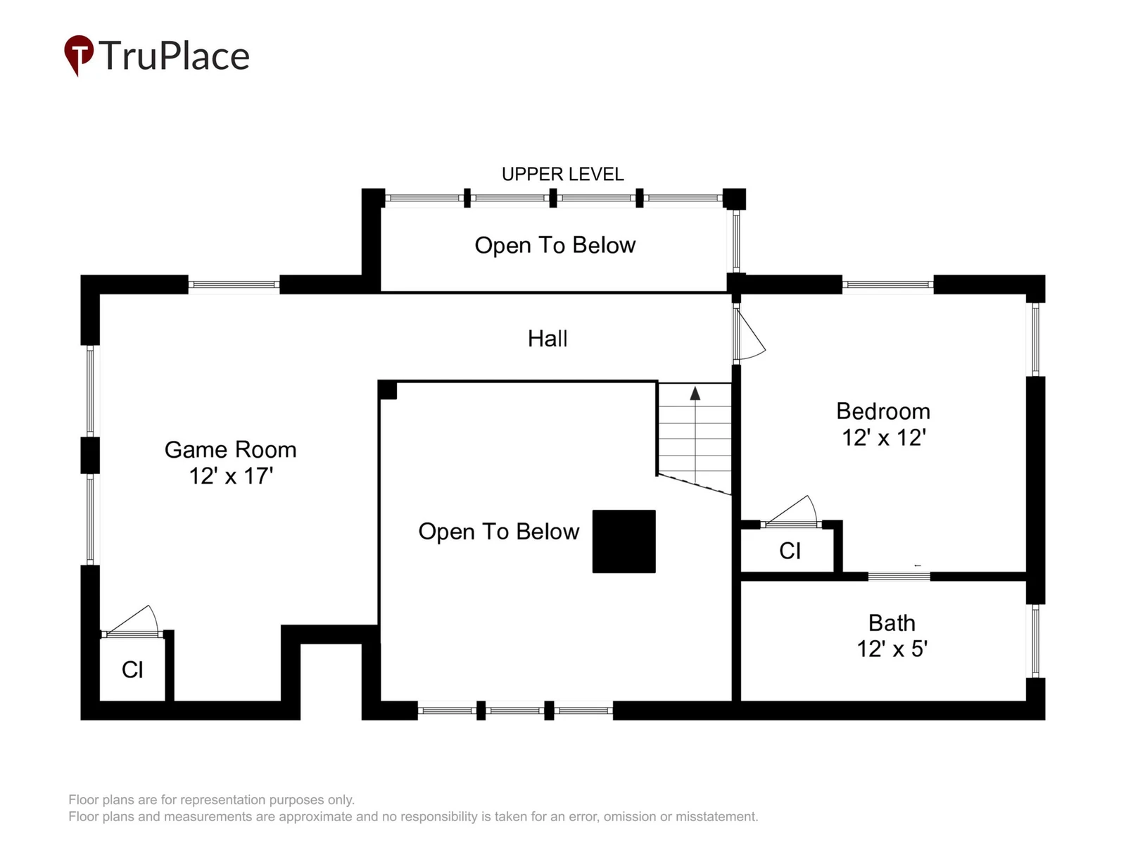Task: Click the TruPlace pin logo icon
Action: [x=79, y=54]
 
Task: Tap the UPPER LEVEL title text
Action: [x=563, y=175]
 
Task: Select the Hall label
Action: [x=548, y=339]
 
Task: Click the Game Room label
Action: [x=230, y=449]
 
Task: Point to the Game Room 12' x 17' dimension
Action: [x=231, y=475]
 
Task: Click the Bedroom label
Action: [x=883, y=411]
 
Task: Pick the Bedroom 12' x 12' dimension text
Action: [x=883, y=437]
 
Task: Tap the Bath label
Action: [x=892, y=623]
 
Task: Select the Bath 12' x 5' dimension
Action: [x=892, y=649]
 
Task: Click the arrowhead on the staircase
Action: [x=695, y=394]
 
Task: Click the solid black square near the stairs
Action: [x=624, y=542]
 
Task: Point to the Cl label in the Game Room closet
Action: [x=132, y=670]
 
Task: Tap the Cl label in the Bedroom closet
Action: [x=790, y=551]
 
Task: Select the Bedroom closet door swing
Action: [x=790, y=511]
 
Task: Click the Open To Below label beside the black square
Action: [x=499, y=532]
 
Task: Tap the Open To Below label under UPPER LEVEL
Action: [x=555, y=245]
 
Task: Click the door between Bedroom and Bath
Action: [x=899, y=576]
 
